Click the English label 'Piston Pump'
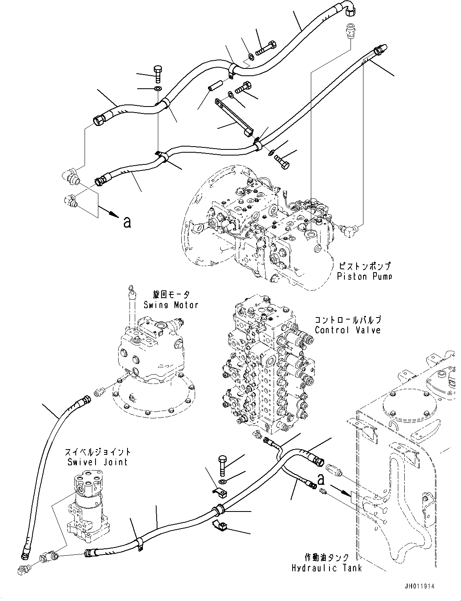click(364, 276)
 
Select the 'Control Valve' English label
click(348, 330)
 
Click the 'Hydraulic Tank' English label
click(327, 568)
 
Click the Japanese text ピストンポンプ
click(364, 266)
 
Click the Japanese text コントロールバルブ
click(348, 320)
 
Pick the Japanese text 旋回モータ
click(171, 294)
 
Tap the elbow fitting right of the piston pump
click(348, 231)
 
